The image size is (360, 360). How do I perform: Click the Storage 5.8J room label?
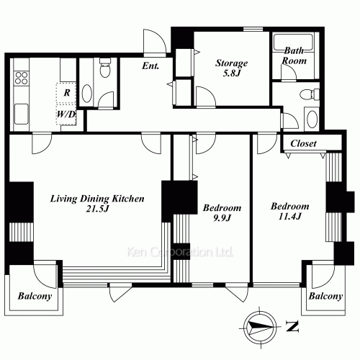[x=231, y=68]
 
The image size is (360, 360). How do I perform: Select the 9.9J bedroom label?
[x=222, y=212]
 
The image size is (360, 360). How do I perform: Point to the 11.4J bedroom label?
[x=290, y=211]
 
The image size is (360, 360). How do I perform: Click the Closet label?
[x=303, y=143]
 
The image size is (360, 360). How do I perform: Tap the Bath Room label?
[x=294, y=55]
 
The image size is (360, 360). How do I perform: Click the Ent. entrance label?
[x=150, y=66]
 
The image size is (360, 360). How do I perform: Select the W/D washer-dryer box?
[x=66, y=114]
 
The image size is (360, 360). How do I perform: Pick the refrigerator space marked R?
[x=66, y=93]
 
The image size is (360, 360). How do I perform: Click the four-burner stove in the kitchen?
[x=22, y=78]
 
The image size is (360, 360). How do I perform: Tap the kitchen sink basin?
[x=22, y=114]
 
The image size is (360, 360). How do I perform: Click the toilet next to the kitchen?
[x=104, y=68]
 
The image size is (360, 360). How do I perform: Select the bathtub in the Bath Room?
[x=293, y=42]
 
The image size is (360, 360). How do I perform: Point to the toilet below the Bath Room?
[x=310, y=94]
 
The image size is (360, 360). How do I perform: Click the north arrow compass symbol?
[x=260, y=327]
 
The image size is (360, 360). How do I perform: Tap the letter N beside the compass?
[x=292, y=326]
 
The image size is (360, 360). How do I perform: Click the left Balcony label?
[x=35, y=296]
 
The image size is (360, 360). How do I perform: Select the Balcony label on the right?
[x=325, y=296]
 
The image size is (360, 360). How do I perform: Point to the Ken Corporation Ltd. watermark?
[x=180, y=252]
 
